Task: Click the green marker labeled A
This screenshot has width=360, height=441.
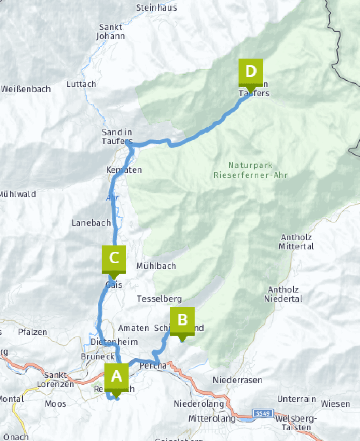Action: point(116,377)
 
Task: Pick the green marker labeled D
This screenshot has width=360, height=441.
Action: point(250,72)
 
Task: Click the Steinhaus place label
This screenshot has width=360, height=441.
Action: point(156,8)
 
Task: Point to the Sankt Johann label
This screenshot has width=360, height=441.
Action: point(111,32)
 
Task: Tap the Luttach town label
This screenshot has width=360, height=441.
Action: point(81,84)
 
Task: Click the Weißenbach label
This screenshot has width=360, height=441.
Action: point(26,89)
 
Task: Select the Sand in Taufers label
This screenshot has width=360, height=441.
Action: point(117,137)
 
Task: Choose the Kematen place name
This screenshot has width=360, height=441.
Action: point(124,169)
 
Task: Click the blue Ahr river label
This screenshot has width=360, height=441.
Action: point(112,197)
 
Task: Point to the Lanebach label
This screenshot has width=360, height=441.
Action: point(91,222)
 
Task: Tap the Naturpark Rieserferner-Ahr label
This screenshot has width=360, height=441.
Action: point(250,170)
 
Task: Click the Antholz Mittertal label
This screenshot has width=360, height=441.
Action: point(296,242)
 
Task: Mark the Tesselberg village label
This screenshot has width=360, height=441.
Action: point(159,298)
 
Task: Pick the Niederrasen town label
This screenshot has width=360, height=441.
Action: point(237,380)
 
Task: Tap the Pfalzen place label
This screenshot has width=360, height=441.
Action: point(32,332)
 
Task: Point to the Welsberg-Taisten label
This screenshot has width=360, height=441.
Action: point(296,423)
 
